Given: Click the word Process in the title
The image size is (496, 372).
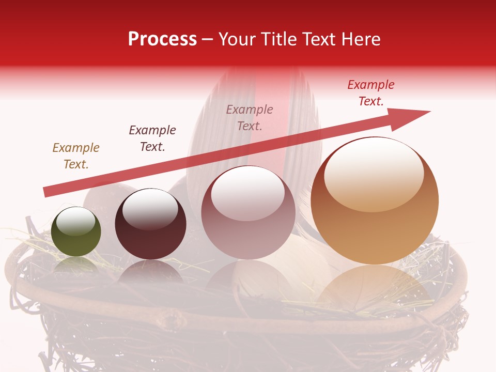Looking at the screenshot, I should point(162,39).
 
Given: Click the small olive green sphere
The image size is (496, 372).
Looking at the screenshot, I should point(76,232).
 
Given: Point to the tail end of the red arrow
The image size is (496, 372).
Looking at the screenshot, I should point(47,192).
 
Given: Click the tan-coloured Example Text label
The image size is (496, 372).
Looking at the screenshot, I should point(76,156).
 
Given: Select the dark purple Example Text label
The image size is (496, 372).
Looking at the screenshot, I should point(152,138).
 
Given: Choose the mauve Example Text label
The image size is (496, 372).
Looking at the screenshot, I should point(250,118).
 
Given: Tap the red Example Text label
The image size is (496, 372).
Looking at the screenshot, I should point(371,93).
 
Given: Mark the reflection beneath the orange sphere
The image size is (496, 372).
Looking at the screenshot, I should point(375,289).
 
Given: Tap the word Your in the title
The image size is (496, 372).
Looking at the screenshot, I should point(238,39).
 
